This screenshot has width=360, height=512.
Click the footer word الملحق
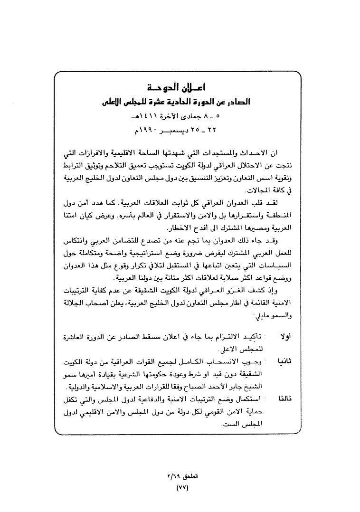190,476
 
